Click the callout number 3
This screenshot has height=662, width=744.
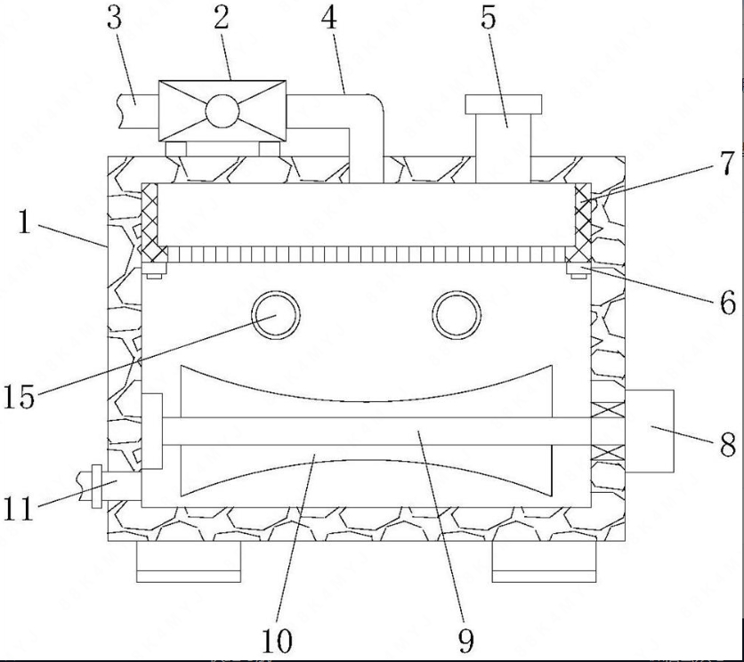tap(114, 20)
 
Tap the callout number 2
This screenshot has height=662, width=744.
tap(222, 19)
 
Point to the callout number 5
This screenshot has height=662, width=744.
tap(489, 19)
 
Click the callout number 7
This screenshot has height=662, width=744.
tap(726, 163)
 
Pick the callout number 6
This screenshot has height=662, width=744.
tap(728, 303)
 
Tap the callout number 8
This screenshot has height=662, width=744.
tap(728, 445)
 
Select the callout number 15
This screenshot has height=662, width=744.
tap(20, 396)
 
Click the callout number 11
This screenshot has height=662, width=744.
tap(19, 509)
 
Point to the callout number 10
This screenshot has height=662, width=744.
tap(277, 642)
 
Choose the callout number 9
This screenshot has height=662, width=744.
tap(466, 642)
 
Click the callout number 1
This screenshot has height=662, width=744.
tap(25, 222)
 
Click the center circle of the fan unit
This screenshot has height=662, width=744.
tap(222, 110)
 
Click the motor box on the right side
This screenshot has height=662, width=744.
tap(649, 431)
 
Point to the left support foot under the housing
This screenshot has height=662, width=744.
tap(189, 561)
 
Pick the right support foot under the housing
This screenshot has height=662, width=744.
tap(545, 561)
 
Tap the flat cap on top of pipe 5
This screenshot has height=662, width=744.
tap(504, 104)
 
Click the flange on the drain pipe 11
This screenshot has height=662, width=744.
tap(96, 487)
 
